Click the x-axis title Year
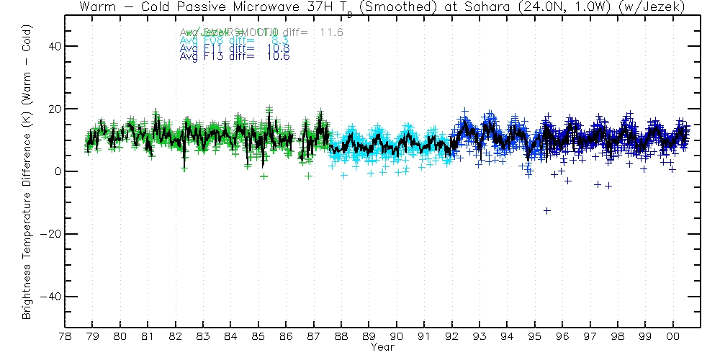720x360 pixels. pyautogui.click(x=382, y=347)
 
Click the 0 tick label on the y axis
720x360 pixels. pyautogui.click(x=58, y=171)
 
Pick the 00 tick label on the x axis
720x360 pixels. pyautogui.click(x=673, y=336)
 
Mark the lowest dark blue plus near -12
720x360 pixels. pyautogui.click(x=547, y=210)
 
